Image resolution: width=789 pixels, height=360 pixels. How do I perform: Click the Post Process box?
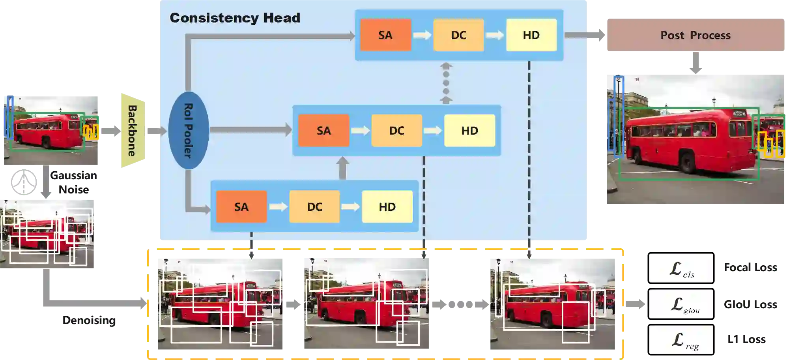pos(696,35)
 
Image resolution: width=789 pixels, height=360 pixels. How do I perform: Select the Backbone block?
pos(133,131)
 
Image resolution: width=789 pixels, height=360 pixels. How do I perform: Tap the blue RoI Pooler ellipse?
pos(189,131)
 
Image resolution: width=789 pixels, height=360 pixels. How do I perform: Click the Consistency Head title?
pos(235,18)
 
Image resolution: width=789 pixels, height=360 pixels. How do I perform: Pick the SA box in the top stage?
pos(385,35)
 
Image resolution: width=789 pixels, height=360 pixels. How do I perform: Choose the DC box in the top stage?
pos(458,35)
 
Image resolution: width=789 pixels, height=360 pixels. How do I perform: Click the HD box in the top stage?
pos(531,35)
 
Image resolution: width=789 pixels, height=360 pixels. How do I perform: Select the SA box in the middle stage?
pos(323,131)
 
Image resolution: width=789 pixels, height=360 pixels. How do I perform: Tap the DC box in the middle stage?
pos(396,131)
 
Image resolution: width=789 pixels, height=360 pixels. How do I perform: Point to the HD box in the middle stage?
pos(469,131)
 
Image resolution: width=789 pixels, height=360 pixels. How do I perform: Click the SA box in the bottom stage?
pos(241,207)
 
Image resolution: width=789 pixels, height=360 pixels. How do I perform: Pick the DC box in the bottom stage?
pos(314,207)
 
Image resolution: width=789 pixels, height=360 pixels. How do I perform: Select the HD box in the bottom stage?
pos(387,207)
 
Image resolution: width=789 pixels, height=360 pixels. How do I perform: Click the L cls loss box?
pos(681,268)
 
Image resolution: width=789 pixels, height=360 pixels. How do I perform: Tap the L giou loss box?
pos(681,304)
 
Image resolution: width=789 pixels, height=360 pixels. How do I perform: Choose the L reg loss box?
pos(681,340)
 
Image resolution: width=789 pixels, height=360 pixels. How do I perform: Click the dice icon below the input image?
pos(24,182)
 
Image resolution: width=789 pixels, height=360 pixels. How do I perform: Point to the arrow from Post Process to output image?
pos(696,63)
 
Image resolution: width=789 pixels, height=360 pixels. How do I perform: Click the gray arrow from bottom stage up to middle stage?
pos(342,168)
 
